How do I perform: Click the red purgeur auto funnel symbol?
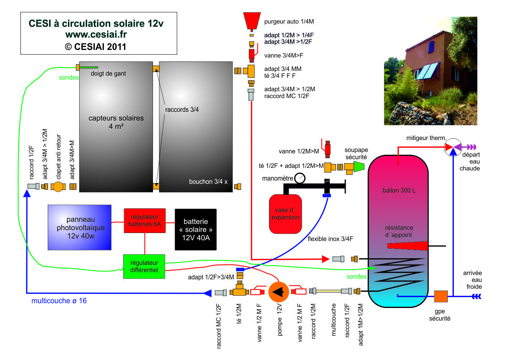[x=252, y=20]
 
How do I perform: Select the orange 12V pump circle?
[x=278, y=292]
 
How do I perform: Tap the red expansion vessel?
[x=285, y=214]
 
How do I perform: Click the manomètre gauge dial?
[x=300, y=178]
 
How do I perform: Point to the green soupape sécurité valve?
[x=358, y=166]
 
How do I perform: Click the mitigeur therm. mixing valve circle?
[x=453, y=147]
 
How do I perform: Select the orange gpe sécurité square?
[x=440, y=296]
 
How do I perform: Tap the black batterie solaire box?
[x=196, y=229]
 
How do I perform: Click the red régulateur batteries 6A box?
[x=145, y=220]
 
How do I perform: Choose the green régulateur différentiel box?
[x=144, y=266]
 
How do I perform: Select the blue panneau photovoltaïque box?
[x=80, y=228]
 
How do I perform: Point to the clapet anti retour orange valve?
[x=58, y=187]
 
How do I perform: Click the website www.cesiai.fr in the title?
[x=96, y=35]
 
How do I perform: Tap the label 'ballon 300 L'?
[x=399, y=190]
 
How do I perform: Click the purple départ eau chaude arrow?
[x=471, y=147]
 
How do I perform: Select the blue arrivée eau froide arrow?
[x=476, y=296]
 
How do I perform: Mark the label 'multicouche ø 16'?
[x=59, y=301]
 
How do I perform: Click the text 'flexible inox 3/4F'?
[x=330, y=239]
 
